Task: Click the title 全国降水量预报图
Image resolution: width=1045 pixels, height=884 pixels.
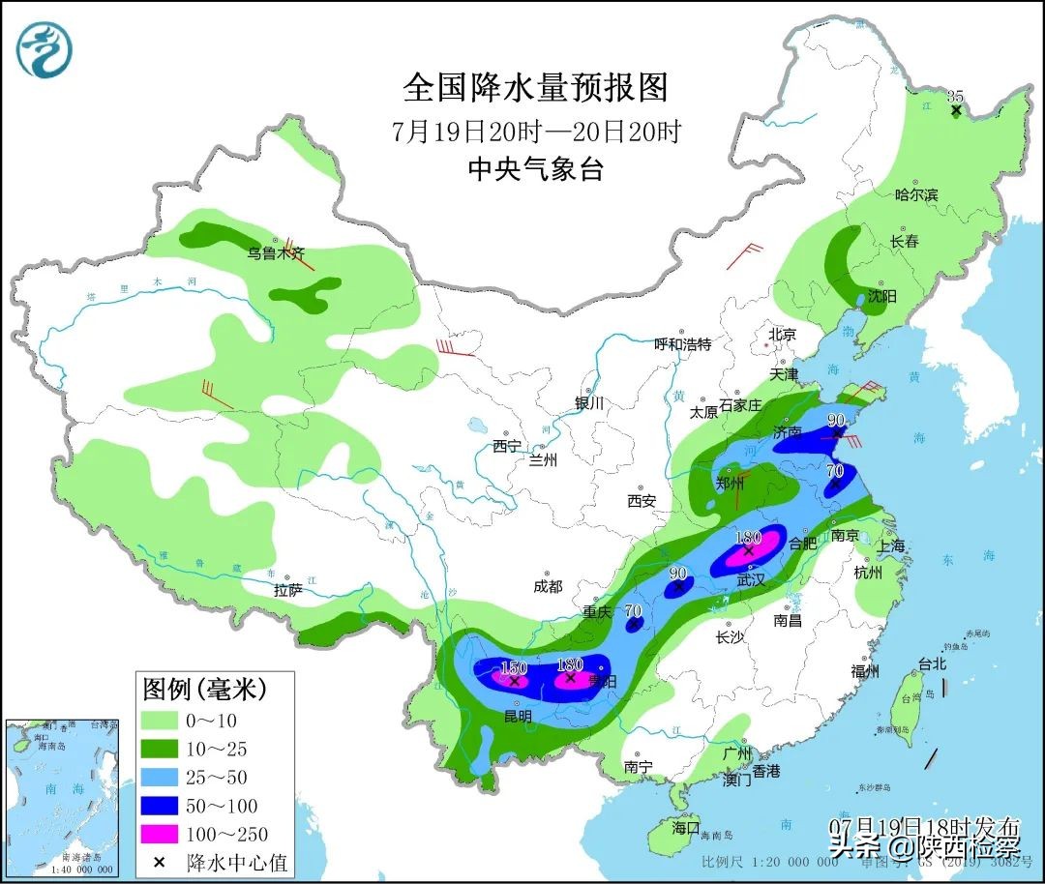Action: tap(535, 88)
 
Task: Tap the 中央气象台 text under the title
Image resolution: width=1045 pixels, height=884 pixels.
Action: tap(535, 169)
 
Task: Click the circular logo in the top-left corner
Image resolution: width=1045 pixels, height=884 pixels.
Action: tap(45, 49)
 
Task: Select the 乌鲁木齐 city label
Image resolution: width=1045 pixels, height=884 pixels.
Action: tap(276, 253)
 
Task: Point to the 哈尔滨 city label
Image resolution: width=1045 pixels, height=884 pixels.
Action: tap(916, 194)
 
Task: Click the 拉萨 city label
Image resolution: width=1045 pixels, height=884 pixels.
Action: tap(288, 589)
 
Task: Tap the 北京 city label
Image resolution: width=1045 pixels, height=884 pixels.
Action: tap(782, 335)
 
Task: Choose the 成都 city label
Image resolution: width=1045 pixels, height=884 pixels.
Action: tap(548, 586)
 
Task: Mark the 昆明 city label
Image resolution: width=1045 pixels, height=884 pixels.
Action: tap(517, 717)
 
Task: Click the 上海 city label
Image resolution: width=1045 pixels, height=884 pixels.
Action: tap(891, 546)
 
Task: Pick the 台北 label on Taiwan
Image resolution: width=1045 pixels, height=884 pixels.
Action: tap(932, 664)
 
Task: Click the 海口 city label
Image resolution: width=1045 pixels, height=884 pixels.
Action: tap(685, 828)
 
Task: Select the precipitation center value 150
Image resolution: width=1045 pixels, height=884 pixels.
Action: tap(513, 668)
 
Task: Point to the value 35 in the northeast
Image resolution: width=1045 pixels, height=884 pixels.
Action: tap(956, 96)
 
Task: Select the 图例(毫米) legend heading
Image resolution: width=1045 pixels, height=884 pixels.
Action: tap(204, 690)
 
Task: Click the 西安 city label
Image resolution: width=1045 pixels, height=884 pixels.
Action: tap(642, 501)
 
